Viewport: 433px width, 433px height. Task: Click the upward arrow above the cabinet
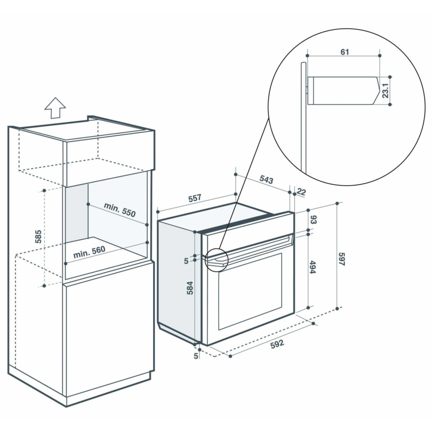(55, 108)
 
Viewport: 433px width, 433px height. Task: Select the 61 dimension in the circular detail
(345, 52)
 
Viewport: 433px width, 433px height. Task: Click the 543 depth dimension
(266, 180)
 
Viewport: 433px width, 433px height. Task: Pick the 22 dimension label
(301, 192)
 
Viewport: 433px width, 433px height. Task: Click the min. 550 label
(120, 210)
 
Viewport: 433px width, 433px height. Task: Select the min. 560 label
(89, 252)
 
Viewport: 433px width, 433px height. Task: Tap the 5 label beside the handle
(186, 261)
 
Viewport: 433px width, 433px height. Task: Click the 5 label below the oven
(196, 356)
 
